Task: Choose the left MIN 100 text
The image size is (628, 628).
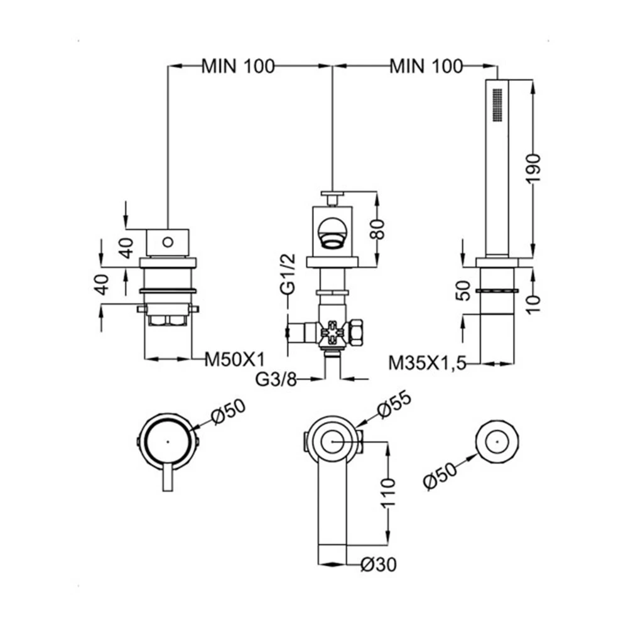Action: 238,66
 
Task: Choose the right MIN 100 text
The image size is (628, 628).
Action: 426,66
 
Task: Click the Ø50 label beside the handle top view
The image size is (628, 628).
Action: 229,411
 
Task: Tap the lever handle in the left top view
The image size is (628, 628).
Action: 168,479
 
